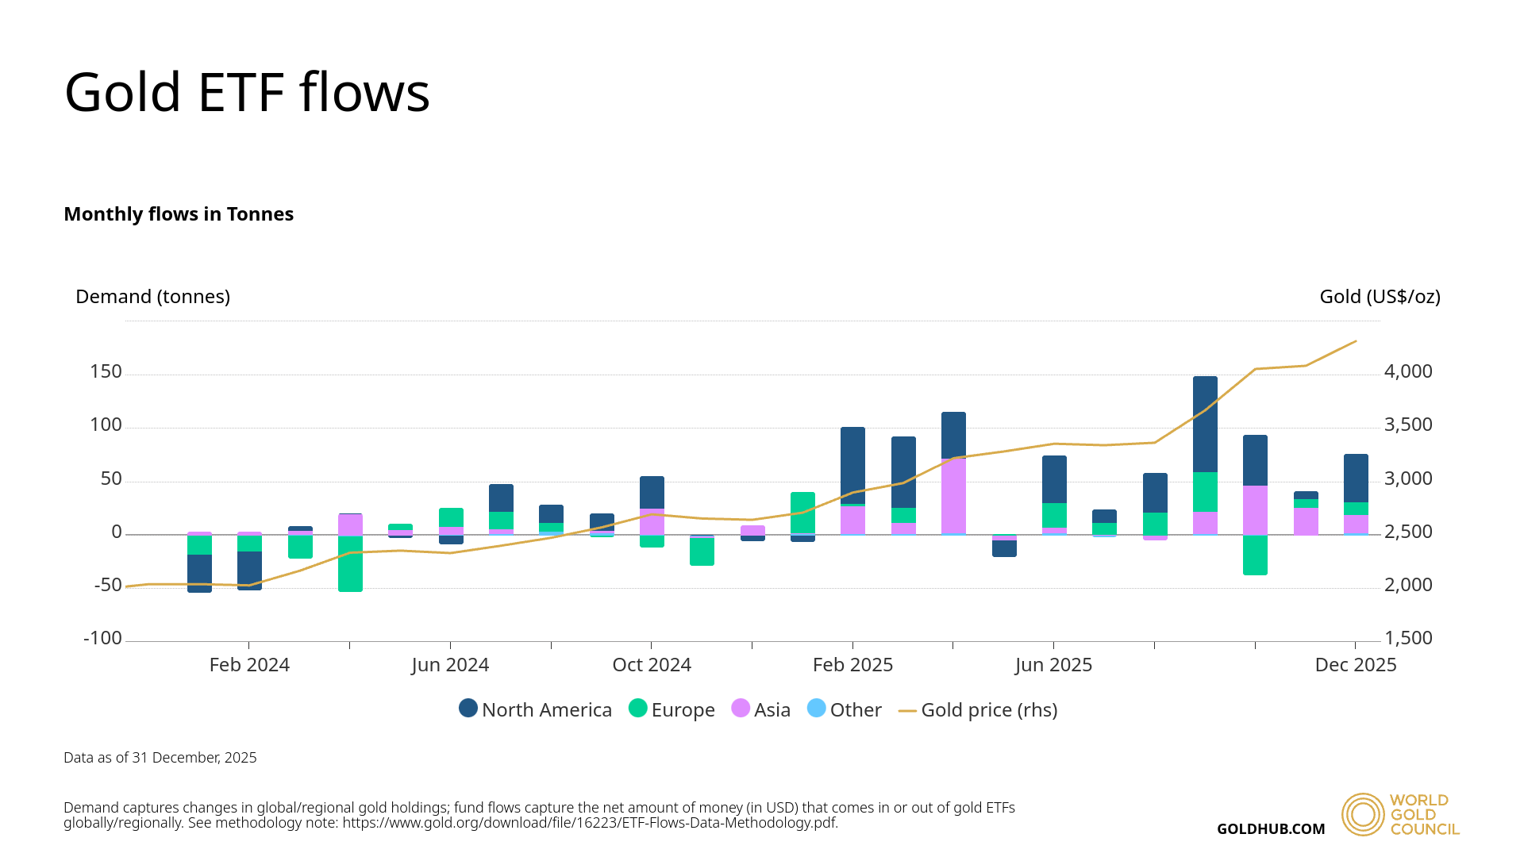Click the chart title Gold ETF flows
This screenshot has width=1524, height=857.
[x=247, y=93]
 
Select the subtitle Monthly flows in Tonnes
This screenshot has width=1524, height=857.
[x=179, y=214]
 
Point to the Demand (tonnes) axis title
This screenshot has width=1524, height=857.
[x=152, y=297]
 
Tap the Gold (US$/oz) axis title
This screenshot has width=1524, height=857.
[x=1380, y=297]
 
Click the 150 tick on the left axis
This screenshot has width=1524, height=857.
[x=106, y=372]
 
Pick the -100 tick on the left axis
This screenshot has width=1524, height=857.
[x=102, y=639]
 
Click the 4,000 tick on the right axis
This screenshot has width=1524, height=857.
[x=1408, y=372]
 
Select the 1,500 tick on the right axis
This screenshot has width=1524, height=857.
[x=1408, y=639]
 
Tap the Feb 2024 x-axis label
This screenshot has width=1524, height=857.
[x=249, y=665]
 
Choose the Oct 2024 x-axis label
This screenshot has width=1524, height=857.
[x=652, y=665]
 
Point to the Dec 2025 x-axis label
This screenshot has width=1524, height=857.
[x=1355, y=665]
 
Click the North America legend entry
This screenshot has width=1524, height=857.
[x=536, y=709]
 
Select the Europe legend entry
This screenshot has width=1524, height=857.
[x=672, y=709]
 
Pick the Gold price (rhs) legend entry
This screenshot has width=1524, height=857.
[x=978, y=709]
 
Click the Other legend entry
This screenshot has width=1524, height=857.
[x=845, y=709]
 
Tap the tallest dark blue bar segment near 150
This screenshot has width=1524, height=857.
[x=1205, y=424]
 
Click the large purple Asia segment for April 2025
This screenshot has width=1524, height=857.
[x=953, y=496]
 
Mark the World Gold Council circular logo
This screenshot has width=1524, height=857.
[x=1363, y=814]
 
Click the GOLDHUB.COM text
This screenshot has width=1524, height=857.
[x=1271, y=829]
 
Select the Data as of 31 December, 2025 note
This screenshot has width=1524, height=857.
[x=160, y=758]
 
